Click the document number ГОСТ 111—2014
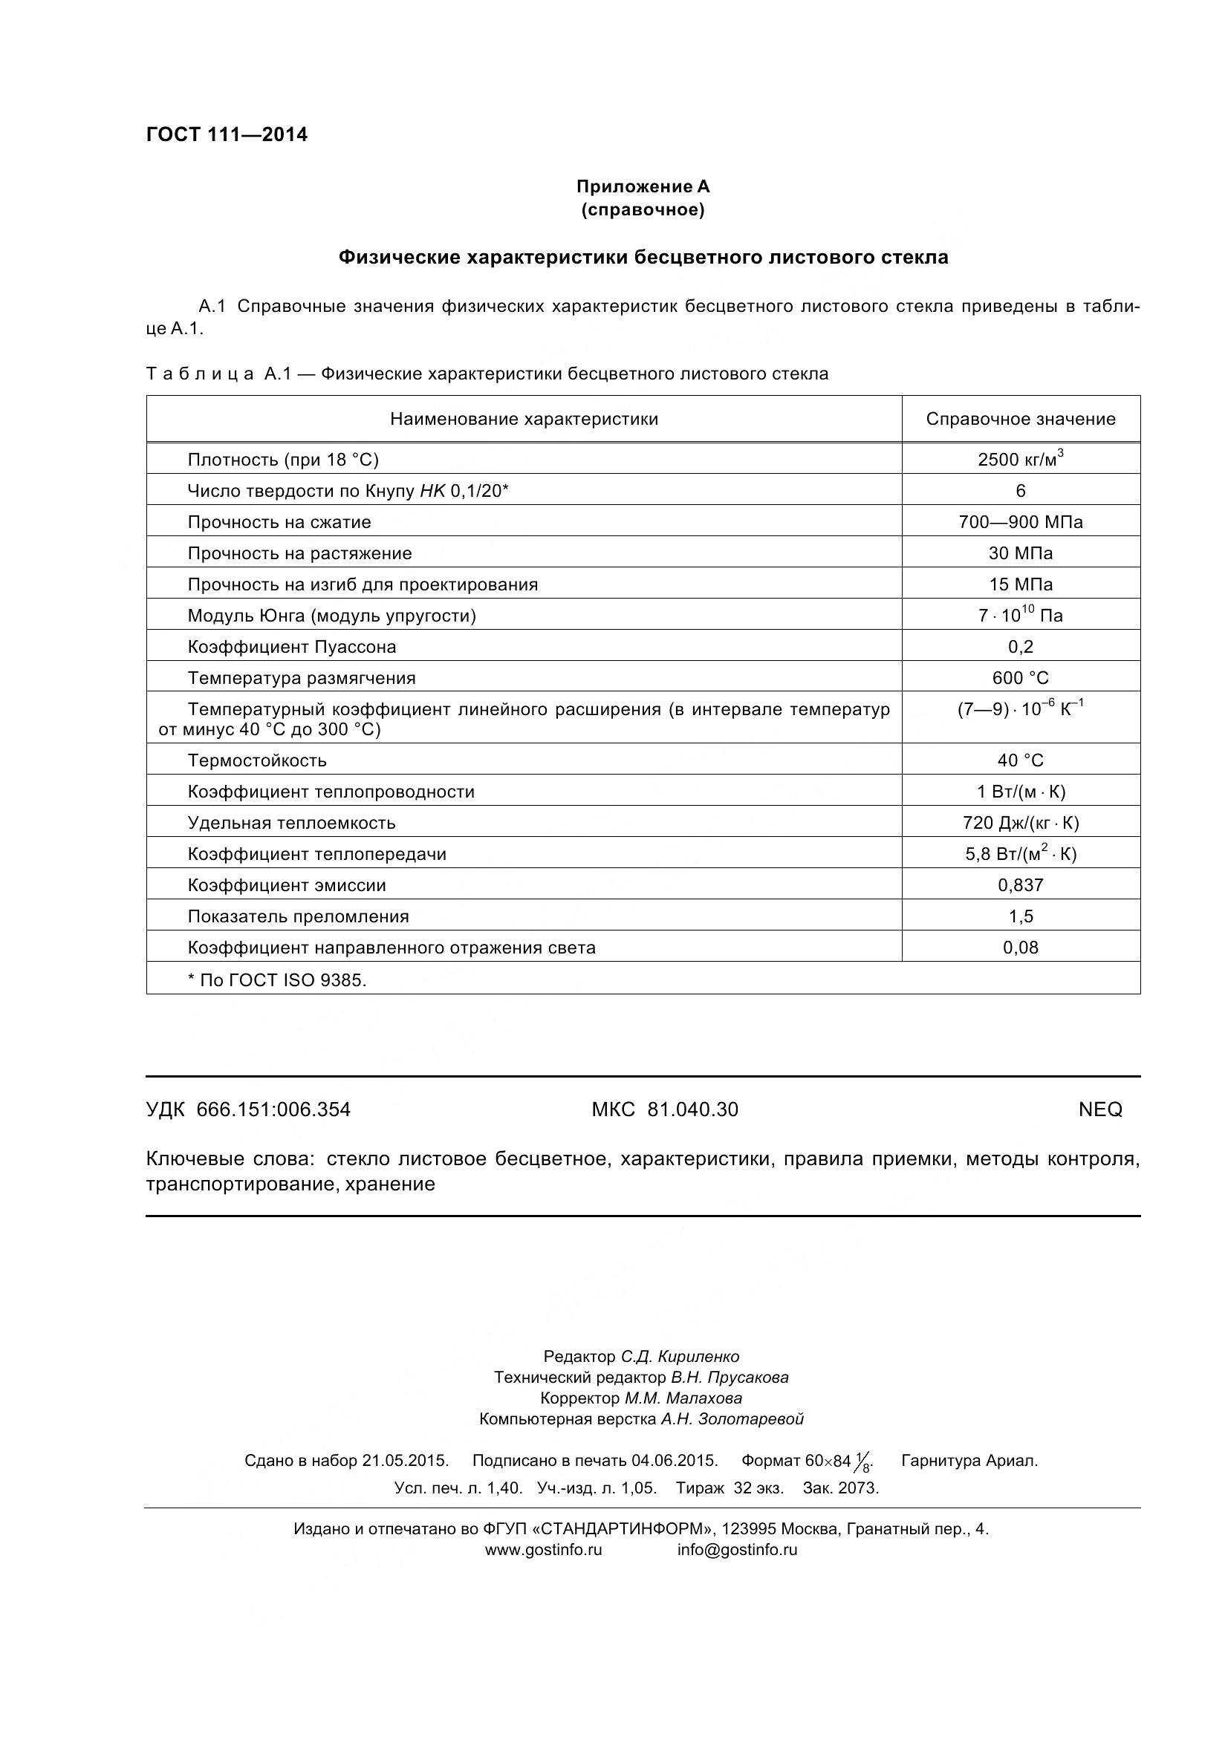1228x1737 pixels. pos(227,134)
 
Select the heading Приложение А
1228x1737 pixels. pos(643,186)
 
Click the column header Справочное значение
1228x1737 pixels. pos(1020,419)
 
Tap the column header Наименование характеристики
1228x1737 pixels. pos(524,419)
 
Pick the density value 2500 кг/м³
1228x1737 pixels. pos(1020,459)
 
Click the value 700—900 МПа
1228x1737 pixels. pos(1020,522)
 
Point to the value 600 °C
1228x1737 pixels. pos(1020,678)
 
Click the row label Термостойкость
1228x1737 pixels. pos(257,760)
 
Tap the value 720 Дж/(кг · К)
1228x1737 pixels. pos(1020,823)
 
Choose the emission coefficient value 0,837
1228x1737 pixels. pos(1020,885)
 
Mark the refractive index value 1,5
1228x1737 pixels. pos(1020,916)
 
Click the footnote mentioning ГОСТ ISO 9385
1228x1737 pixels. pos(277,980)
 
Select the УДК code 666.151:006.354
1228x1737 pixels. pos(273,1109)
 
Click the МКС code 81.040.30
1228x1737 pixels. pos(692,1109)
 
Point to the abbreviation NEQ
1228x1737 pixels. pos(1099,1109)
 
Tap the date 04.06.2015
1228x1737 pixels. pos(674,1460)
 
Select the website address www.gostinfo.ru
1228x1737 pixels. pos(542,1549)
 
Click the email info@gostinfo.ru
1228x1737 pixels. pos(737,1549)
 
